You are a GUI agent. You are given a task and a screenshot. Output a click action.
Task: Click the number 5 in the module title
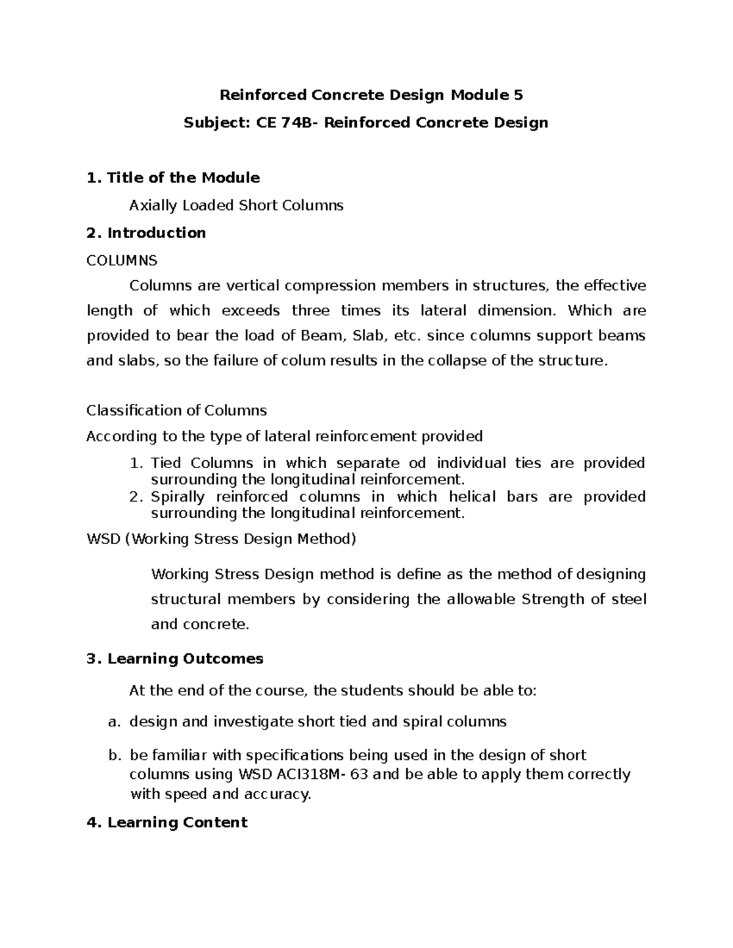point(518,95)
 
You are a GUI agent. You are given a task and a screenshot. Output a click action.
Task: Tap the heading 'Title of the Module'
point(183,178)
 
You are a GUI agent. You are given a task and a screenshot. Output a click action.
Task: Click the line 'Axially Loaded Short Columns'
point(236,205)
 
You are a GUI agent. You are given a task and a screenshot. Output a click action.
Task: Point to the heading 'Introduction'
point(156,233)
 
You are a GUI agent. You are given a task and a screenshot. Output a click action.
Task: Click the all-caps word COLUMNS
point(122,261)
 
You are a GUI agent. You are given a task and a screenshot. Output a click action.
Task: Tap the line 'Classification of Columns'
point(177,410)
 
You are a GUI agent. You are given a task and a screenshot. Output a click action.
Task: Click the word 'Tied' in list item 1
point(166,463)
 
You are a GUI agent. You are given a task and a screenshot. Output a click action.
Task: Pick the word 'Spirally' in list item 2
point(178,497)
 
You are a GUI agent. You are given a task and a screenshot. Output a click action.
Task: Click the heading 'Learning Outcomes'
point(185,659)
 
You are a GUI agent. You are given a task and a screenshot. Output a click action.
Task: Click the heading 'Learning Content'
point(177,822)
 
